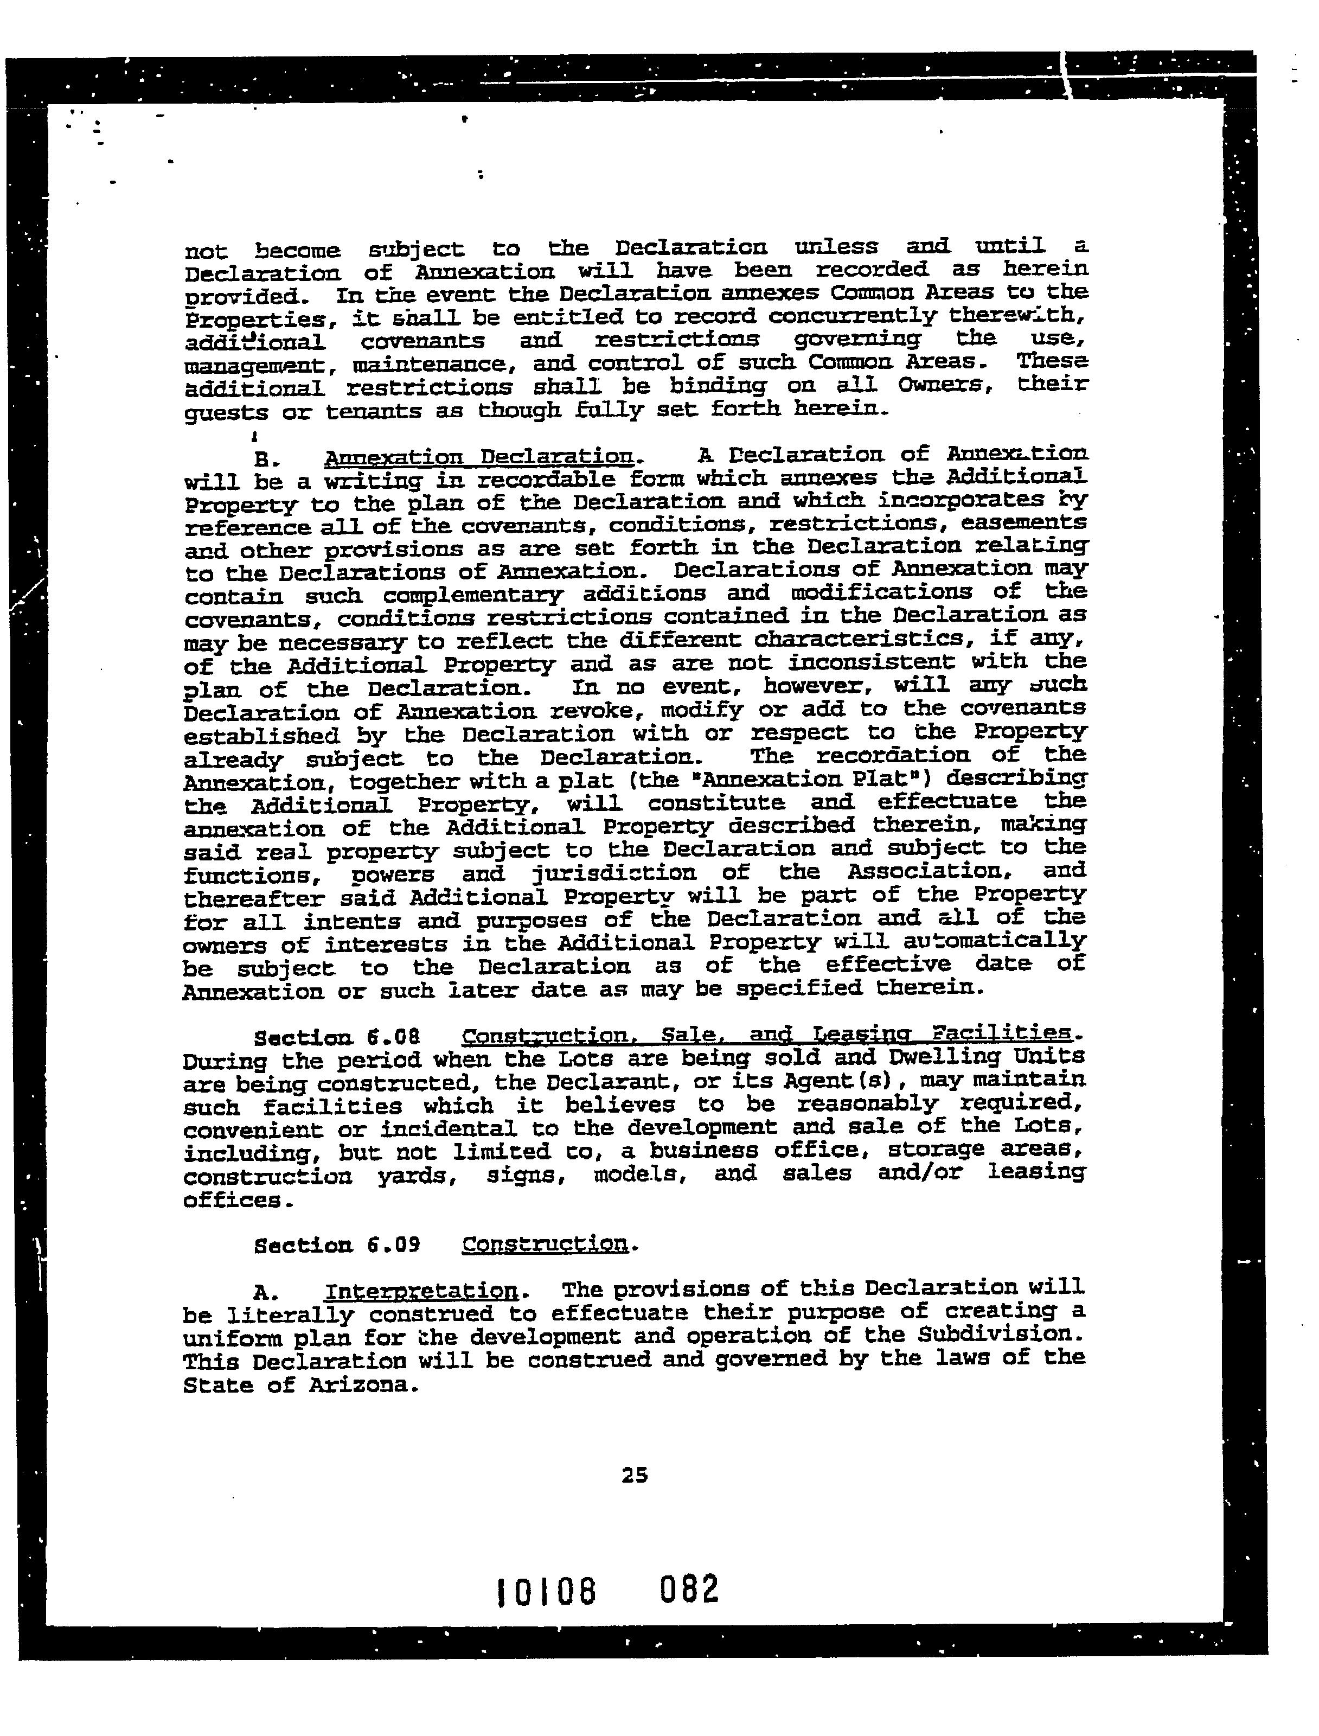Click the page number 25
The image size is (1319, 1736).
pyautogui.click(x=635, y=1475)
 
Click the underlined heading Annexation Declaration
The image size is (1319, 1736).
pyautogui.click(x=479, y=457)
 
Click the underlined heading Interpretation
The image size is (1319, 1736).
pyautogui.click(x=421, y=1291)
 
